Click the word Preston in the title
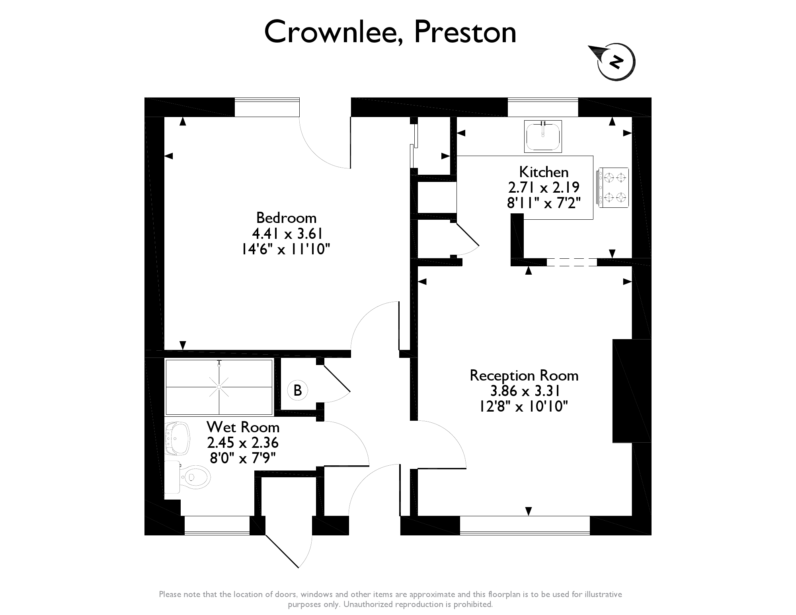pyautogui.click(x=465, y=32)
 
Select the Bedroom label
pyautogui.click(x=286, y=218)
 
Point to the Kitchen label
pyautogui.click(x=544, y=172)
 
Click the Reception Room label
pyautogui.click(x=524, y=375)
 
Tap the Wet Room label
pyautogui.click(x=243, y=427)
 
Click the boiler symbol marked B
pyautogui.click(x=298, y=390)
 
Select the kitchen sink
pyautogui.click(x=543, y=136)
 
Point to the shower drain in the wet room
pyautogui.click(x=219, y=387)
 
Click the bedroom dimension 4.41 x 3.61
pyautogui.click(x=286, y=233)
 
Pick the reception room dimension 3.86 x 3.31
pyautogui.click(x=524, y=391)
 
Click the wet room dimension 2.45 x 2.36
pyautogui.click(x=243, y=443)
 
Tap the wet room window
pyautogui.click(x=217, y=525)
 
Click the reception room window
pyautogui.click(x=525, y=525)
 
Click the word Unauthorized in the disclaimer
pyautogui.click(x=368, y=604)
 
